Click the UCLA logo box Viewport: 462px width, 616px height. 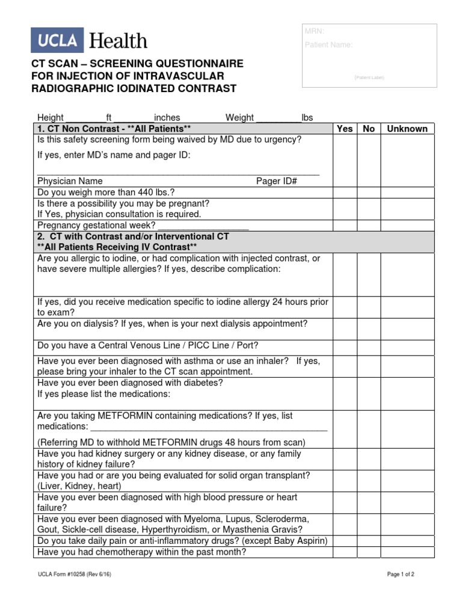58,40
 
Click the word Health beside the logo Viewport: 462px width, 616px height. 118,41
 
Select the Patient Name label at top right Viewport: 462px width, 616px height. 328,45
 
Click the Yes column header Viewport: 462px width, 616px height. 345,129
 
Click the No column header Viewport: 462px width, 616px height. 369,129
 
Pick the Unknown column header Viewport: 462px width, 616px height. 407,129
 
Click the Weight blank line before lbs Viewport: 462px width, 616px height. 279,119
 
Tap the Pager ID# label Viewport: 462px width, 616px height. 277,181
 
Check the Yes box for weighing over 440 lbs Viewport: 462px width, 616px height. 345,192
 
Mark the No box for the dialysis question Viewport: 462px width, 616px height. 369,329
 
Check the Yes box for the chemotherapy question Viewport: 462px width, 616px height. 345,552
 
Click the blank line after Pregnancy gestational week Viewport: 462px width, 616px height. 203,226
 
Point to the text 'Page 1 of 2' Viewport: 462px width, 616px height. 400,574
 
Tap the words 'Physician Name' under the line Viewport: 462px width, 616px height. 70,181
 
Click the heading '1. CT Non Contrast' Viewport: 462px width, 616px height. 78,129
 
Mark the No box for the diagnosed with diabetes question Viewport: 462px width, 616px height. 369,393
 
